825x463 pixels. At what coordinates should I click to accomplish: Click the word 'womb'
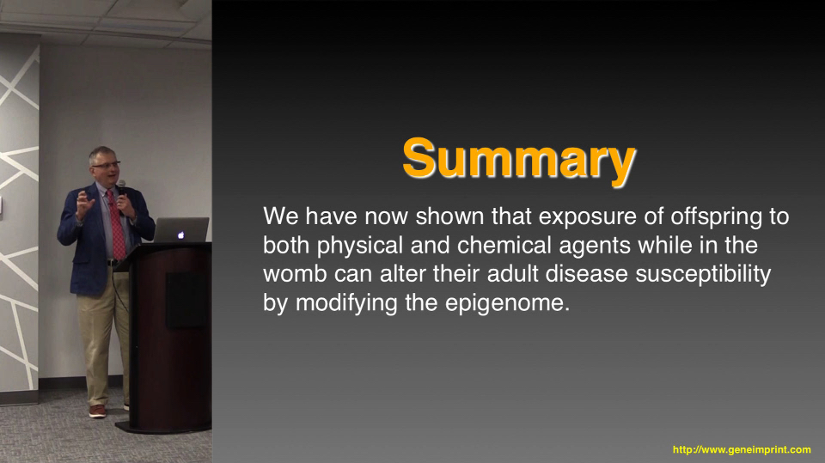click(x=295, y=273)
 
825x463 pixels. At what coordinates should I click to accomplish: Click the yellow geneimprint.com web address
click(x=742, y=450)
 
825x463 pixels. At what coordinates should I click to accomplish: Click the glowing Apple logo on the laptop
click(x=181, y=235)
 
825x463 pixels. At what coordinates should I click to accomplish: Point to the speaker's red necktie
click(x=117, y=225)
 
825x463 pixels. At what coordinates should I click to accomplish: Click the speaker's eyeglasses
click(x=107, y=165)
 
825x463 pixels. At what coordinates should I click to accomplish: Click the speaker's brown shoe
click(x=97, y=411)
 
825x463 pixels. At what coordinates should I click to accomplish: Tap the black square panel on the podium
click(x=186, y=301)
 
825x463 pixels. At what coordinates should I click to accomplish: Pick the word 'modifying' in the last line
click(x=346, y=303)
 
